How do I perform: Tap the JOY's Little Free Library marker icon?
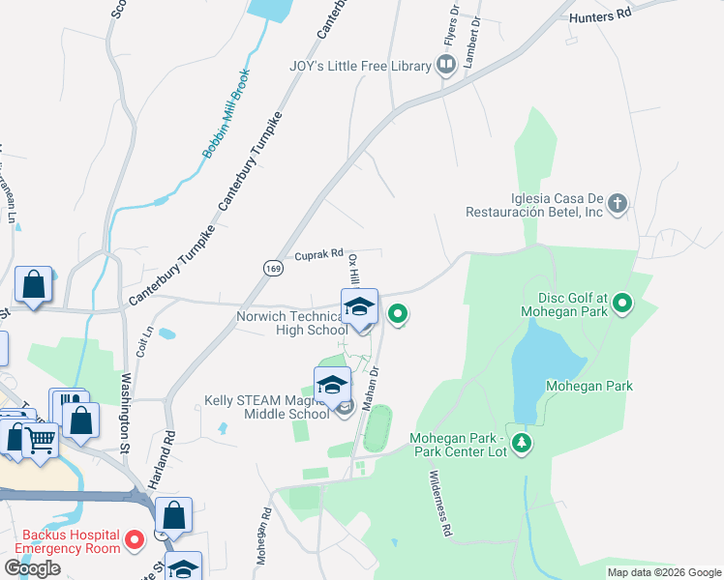(446, 67)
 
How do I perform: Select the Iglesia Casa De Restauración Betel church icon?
(618, 204)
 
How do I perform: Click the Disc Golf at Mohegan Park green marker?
(623, 304)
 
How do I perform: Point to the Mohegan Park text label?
(602, 386)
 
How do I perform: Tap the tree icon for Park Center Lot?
(523, 443)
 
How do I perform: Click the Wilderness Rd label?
(441, 504)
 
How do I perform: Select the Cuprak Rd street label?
(319, 255)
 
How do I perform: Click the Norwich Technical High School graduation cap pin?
(359, 307)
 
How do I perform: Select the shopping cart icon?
(41, 440)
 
